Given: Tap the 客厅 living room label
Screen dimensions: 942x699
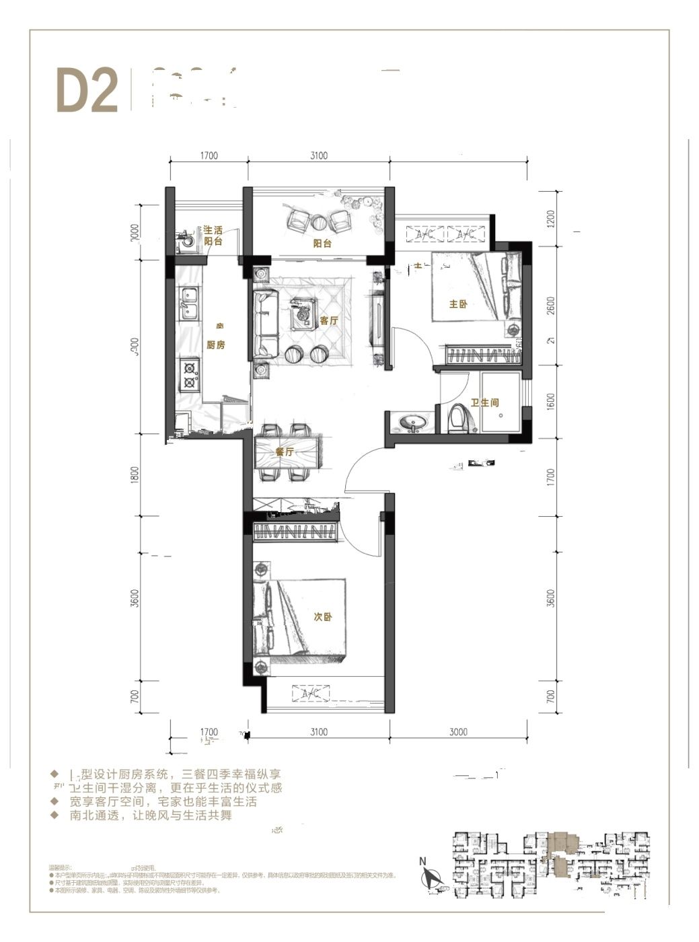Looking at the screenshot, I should (328, 321).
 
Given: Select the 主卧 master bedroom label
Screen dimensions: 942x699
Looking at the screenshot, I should (457, 305).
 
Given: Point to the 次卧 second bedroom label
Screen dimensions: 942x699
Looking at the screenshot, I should (322, 617).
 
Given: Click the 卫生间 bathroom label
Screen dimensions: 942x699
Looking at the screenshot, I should (484, 403).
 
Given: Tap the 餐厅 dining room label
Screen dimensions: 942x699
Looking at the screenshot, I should (285, 451).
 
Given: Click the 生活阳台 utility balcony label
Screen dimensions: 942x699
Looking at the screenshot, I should (213, 235).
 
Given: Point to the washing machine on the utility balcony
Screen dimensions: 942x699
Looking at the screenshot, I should (185, 242).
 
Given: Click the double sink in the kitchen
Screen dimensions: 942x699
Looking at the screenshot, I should (188, 303).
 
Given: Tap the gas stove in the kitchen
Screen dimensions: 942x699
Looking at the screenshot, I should (189, 375).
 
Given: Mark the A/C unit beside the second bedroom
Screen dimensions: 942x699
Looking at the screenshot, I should (311, 693).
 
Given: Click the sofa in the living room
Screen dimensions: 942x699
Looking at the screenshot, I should (266, 323).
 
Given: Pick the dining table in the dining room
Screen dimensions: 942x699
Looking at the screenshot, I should (287, 452).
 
